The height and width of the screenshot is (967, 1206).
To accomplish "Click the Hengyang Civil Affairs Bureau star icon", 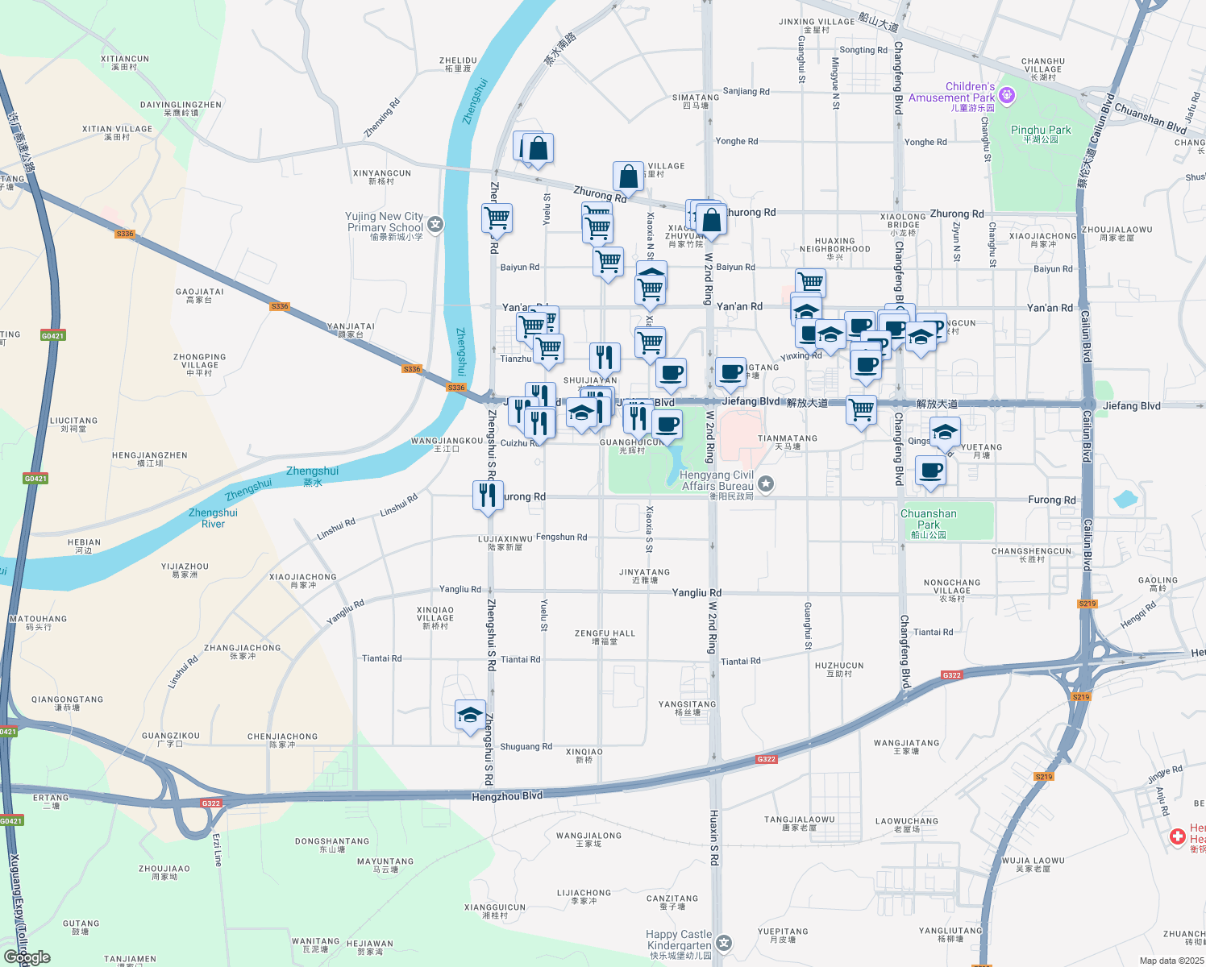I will tap(766, 483).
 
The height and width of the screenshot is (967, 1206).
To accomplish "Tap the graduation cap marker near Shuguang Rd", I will tap(470, 715).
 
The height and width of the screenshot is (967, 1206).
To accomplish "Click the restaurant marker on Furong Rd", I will tap(488, 495).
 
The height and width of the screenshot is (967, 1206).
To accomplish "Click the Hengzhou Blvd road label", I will tap(507, 796).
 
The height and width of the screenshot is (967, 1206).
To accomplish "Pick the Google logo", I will tap(27, 957).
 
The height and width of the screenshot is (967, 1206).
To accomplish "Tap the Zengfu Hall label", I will tap(605, 637).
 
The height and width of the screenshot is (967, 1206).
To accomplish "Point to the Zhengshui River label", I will tap(213, 517).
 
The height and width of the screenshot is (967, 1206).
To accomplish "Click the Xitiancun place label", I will tap(125, 62).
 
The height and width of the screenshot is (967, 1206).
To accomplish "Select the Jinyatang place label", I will tap(644, 575).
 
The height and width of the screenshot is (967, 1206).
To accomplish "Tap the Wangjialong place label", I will tap(588, 839).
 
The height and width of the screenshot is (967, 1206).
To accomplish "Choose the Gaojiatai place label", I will tap(199, 295).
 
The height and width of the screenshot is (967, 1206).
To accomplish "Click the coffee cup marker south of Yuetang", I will tap(931, 471).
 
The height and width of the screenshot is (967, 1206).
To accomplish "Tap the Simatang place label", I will tap(696, 101).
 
